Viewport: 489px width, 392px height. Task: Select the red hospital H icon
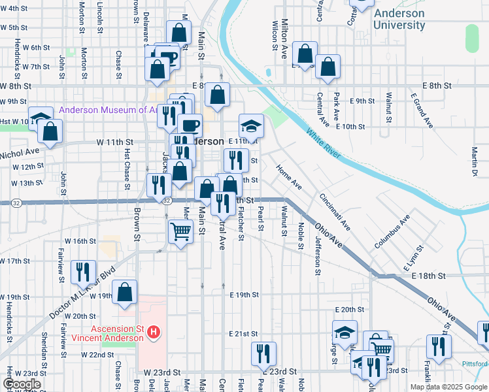pyautogui.click(x=153, y=333)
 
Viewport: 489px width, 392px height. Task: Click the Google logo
pyautogui.click(x=22, y=384)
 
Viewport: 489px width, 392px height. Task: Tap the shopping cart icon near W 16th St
pyautogui.click(x=180, y=231)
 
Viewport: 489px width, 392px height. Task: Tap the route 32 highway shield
pyautogui.click(x=168, y=201)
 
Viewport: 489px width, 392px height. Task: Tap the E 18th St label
pyautogui.click(x=428, y=276)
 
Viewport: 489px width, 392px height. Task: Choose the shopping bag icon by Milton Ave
pyautogui.click(x=305, y=53)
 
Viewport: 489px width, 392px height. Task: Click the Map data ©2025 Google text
pyautogui.click(x=448, y=387)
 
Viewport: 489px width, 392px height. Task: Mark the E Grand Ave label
pyautogui.click(x=422, y=110)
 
